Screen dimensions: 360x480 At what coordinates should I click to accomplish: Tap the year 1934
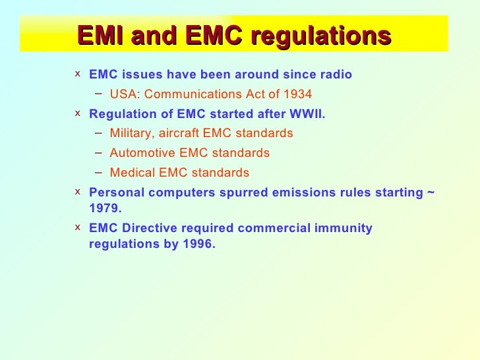pyautogui.click(x=297, y=94)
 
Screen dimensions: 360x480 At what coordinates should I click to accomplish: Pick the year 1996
pyautogui.click(x=198, y=243)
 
